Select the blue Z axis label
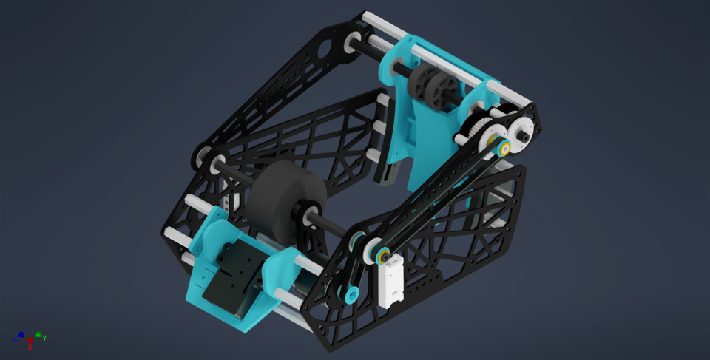coord(15,339)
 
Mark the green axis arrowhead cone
coord(38,334)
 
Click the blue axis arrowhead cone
coord(21,334)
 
